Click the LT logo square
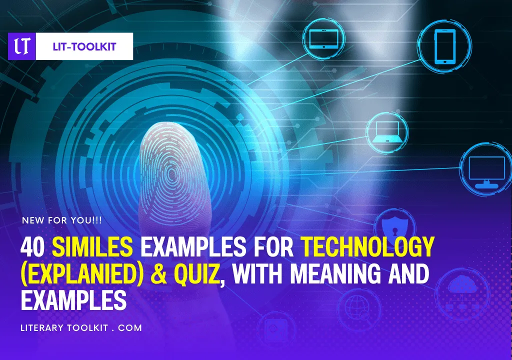tap(22, 46)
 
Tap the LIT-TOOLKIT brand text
tap(84, 46)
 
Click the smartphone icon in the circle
tap(444, 46)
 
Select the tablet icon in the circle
tap(323, 39)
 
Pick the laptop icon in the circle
tap(387, 132)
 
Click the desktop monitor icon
tap(486, 172)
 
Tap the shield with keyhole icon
tap(395, 227)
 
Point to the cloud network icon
tap(462, 292)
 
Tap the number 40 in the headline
tap(32, 247)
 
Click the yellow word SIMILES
tap(92, 247)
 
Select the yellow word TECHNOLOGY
tap(367, 247)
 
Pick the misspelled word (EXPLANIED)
tap(82, 274)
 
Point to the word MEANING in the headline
tap(335, 273)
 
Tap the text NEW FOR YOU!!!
tap(61, 220)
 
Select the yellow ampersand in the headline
tap(158, 274)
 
